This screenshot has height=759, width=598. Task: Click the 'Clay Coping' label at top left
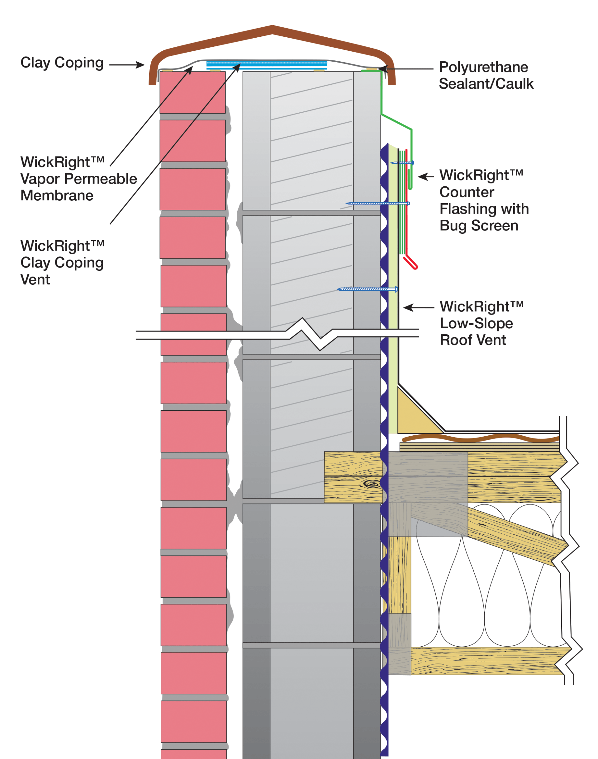(62, 63)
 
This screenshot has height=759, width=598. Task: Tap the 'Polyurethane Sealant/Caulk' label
(486, 75)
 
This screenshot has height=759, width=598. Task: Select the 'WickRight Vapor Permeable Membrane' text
(78, 178)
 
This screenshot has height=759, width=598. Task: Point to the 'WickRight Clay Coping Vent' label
(62, 262)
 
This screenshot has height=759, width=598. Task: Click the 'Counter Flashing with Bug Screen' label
(484, 200)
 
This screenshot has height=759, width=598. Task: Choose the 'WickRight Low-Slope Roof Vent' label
(482, 323)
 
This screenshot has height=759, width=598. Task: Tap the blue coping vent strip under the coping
(267, 65)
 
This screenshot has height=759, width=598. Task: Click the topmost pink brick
(192, 92)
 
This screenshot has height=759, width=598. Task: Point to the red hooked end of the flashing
(411, 263)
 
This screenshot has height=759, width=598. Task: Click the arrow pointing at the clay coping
(127, 65)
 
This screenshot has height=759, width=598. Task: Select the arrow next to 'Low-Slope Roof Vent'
(418, 307)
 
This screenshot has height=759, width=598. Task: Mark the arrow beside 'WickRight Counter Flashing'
(426, 177)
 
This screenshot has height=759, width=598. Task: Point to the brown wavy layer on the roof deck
(480, 438)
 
